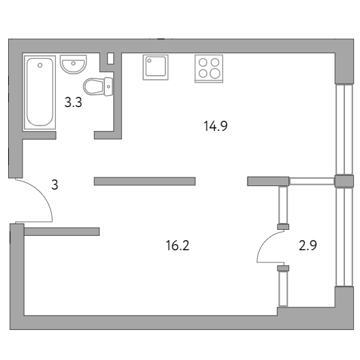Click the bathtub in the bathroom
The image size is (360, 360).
(x=40, y=92)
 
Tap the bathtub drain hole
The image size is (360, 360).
(x=40, y=65)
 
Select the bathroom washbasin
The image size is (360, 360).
(x=73, y=64)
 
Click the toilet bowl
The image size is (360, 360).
(x=93, y=87)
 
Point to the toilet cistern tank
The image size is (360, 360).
(x=108, y=87)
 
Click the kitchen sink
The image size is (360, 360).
(x=155, y=67)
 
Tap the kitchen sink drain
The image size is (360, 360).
(x=149, y=61)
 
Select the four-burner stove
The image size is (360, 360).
(x=209, y=68)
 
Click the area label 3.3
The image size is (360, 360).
(x=73, y=102)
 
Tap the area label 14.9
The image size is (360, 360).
(x=215, y=126)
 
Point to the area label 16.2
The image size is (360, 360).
(x=177, y=245)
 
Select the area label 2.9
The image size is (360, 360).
(x=307, y=245)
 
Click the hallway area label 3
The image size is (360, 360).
(x=55, y=185)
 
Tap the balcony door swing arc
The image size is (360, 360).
(x=264, y=243)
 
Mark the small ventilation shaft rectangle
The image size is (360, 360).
(x=110, y=59)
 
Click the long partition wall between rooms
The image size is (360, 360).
(x=145, y=181)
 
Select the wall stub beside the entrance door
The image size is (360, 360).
(x=62, y=231)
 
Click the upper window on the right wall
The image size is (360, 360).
(x=344, y=129)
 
